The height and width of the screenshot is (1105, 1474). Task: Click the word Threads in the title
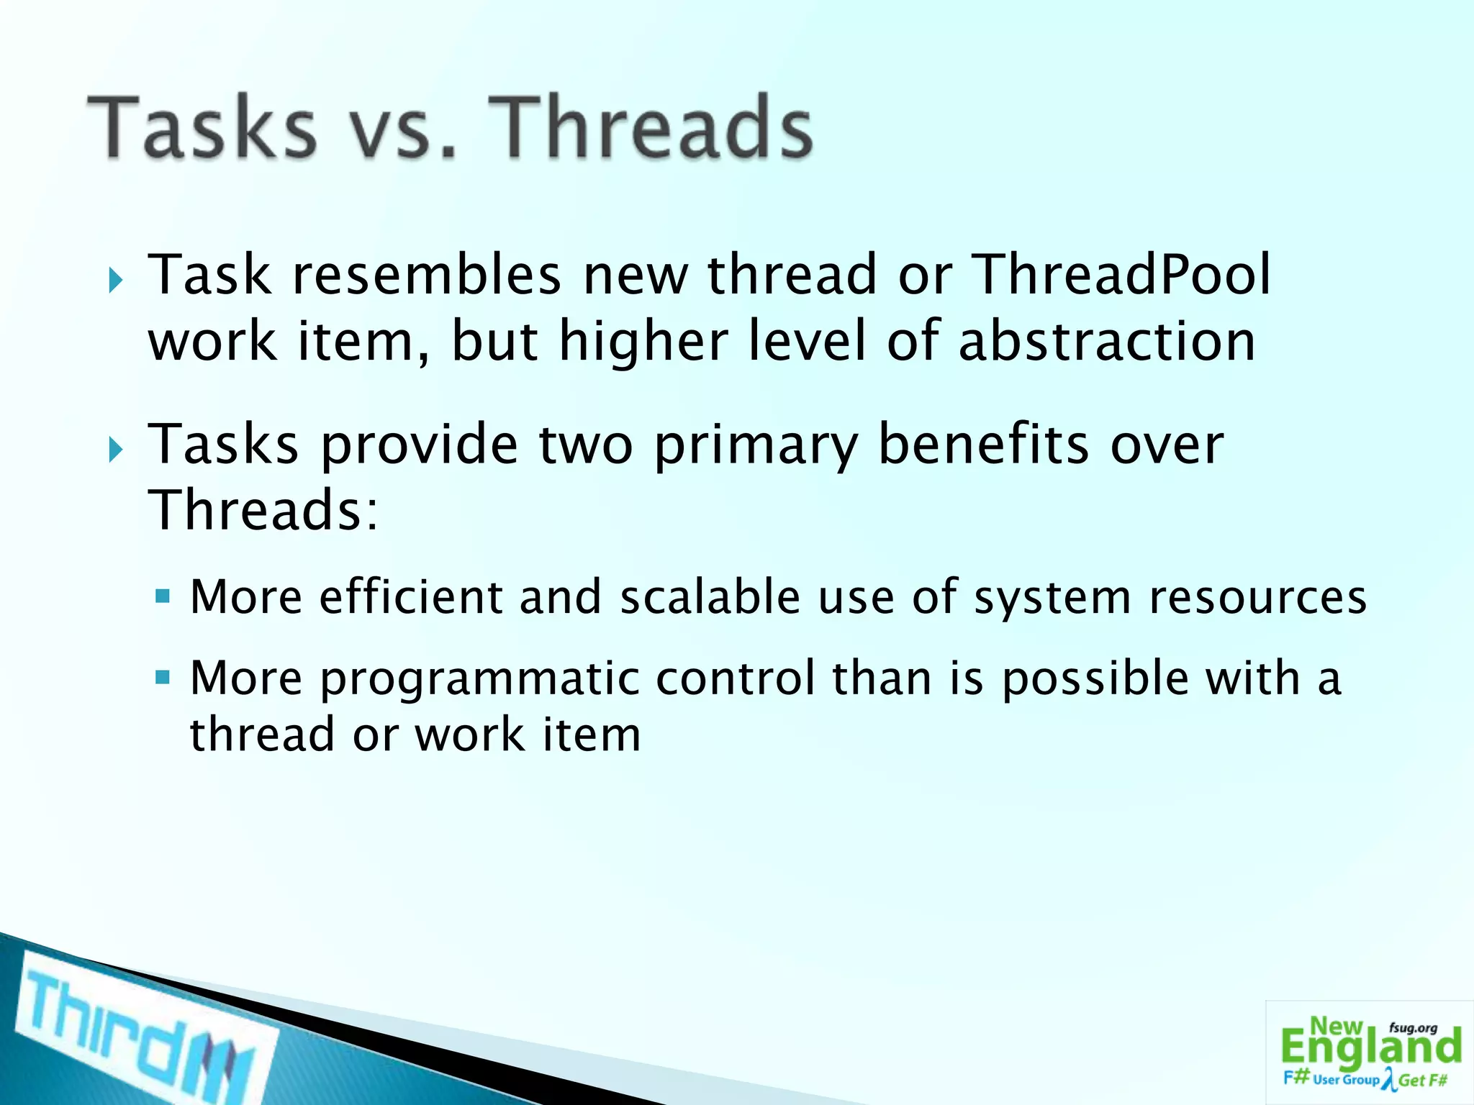pyautogui.click(x=655, y=128)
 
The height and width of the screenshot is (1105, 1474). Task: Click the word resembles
pyautogui.click(x=427, y=275)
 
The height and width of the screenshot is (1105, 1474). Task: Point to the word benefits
pyautogui.click(x=984, y=445)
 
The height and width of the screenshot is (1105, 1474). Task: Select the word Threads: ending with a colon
pyautogui.click(x=263, y=510)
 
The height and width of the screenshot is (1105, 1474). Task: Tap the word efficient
pyautogui.click(x=411, y=597)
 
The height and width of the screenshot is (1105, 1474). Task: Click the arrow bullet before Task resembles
pyautogui.click(x=116, y=280)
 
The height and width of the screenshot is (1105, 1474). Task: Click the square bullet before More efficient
pyautogui.click(x=163, y=596)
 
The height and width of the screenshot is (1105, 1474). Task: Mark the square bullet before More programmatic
pyautogui.click(x=163, y=678)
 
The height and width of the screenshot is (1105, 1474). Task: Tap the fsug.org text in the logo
pyautogui.click(x=1413, y=1029)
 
